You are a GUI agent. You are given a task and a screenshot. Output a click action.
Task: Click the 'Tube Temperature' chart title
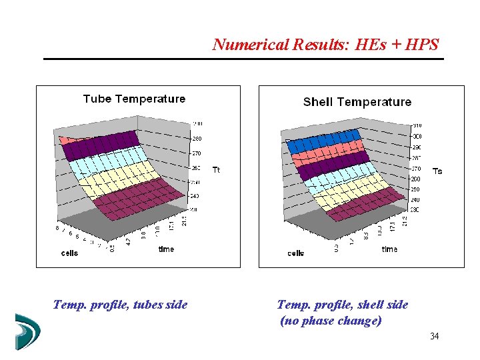pos(134,99)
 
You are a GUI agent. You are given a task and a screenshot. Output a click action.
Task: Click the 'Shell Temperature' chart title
pos(357,102)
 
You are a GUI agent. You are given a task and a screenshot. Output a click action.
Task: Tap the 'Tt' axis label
pos(216,170)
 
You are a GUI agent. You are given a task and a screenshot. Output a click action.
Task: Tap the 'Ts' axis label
pos(437,171)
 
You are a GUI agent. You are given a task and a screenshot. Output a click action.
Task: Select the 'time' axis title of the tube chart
pos(166,249)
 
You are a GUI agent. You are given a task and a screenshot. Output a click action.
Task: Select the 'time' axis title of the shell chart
pos(389,249)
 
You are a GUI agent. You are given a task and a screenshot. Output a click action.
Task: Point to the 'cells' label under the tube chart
pos(69,253)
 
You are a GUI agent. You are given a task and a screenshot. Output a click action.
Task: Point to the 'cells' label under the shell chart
pos(296,253)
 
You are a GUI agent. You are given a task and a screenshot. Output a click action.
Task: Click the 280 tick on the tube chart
pos(198,139)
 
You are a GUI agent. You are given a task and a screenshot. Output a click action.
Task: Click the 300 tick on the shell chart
pos(416,136)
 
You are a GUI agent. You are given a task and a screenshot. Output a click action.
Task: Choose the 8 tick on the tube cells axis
pos(57,228)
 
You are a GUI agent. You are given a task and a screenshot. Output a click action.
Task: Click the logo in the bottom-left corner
pos(27,331)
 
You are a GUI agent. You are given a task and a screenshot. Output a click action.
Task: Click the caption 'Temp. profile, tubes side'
pos(120,305)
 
